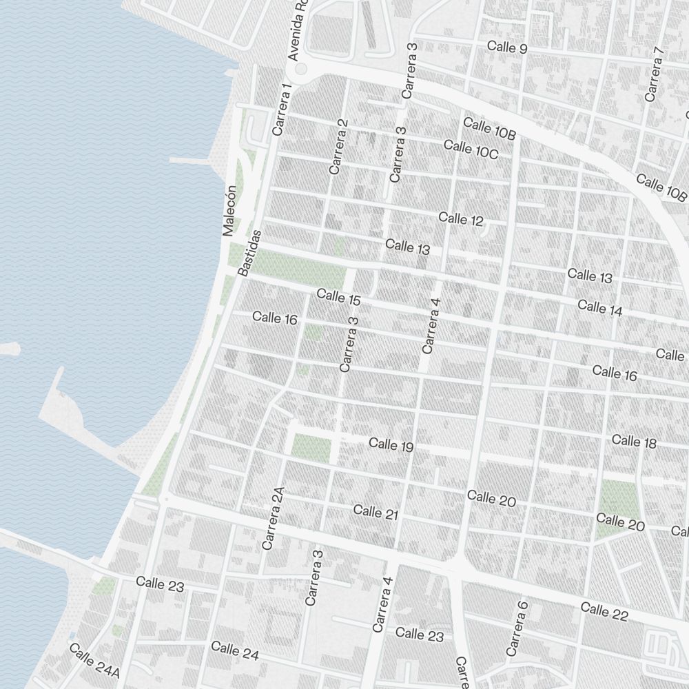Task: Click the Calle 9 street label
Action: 506,48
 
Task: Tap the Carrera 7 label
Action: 654,74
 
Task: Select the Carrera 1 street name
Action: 282,109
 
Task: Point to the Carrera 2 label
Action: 338,146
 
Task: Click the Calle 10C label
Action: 471,149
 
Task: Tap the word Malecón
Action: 229,211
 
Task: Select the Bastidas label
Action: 249,253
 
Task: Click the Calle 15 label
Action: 338,298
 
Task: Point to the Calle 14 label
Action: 599,308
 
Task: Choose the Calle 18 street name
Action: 634,441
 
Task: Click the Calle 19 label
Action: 391,445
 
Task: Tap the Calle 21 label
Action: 376,512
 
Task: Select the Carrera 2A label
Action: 273,518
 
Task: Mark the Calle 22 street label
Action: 604,610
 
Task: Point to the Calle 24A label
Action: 94,660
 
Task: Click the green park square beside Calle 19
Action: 311,448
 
